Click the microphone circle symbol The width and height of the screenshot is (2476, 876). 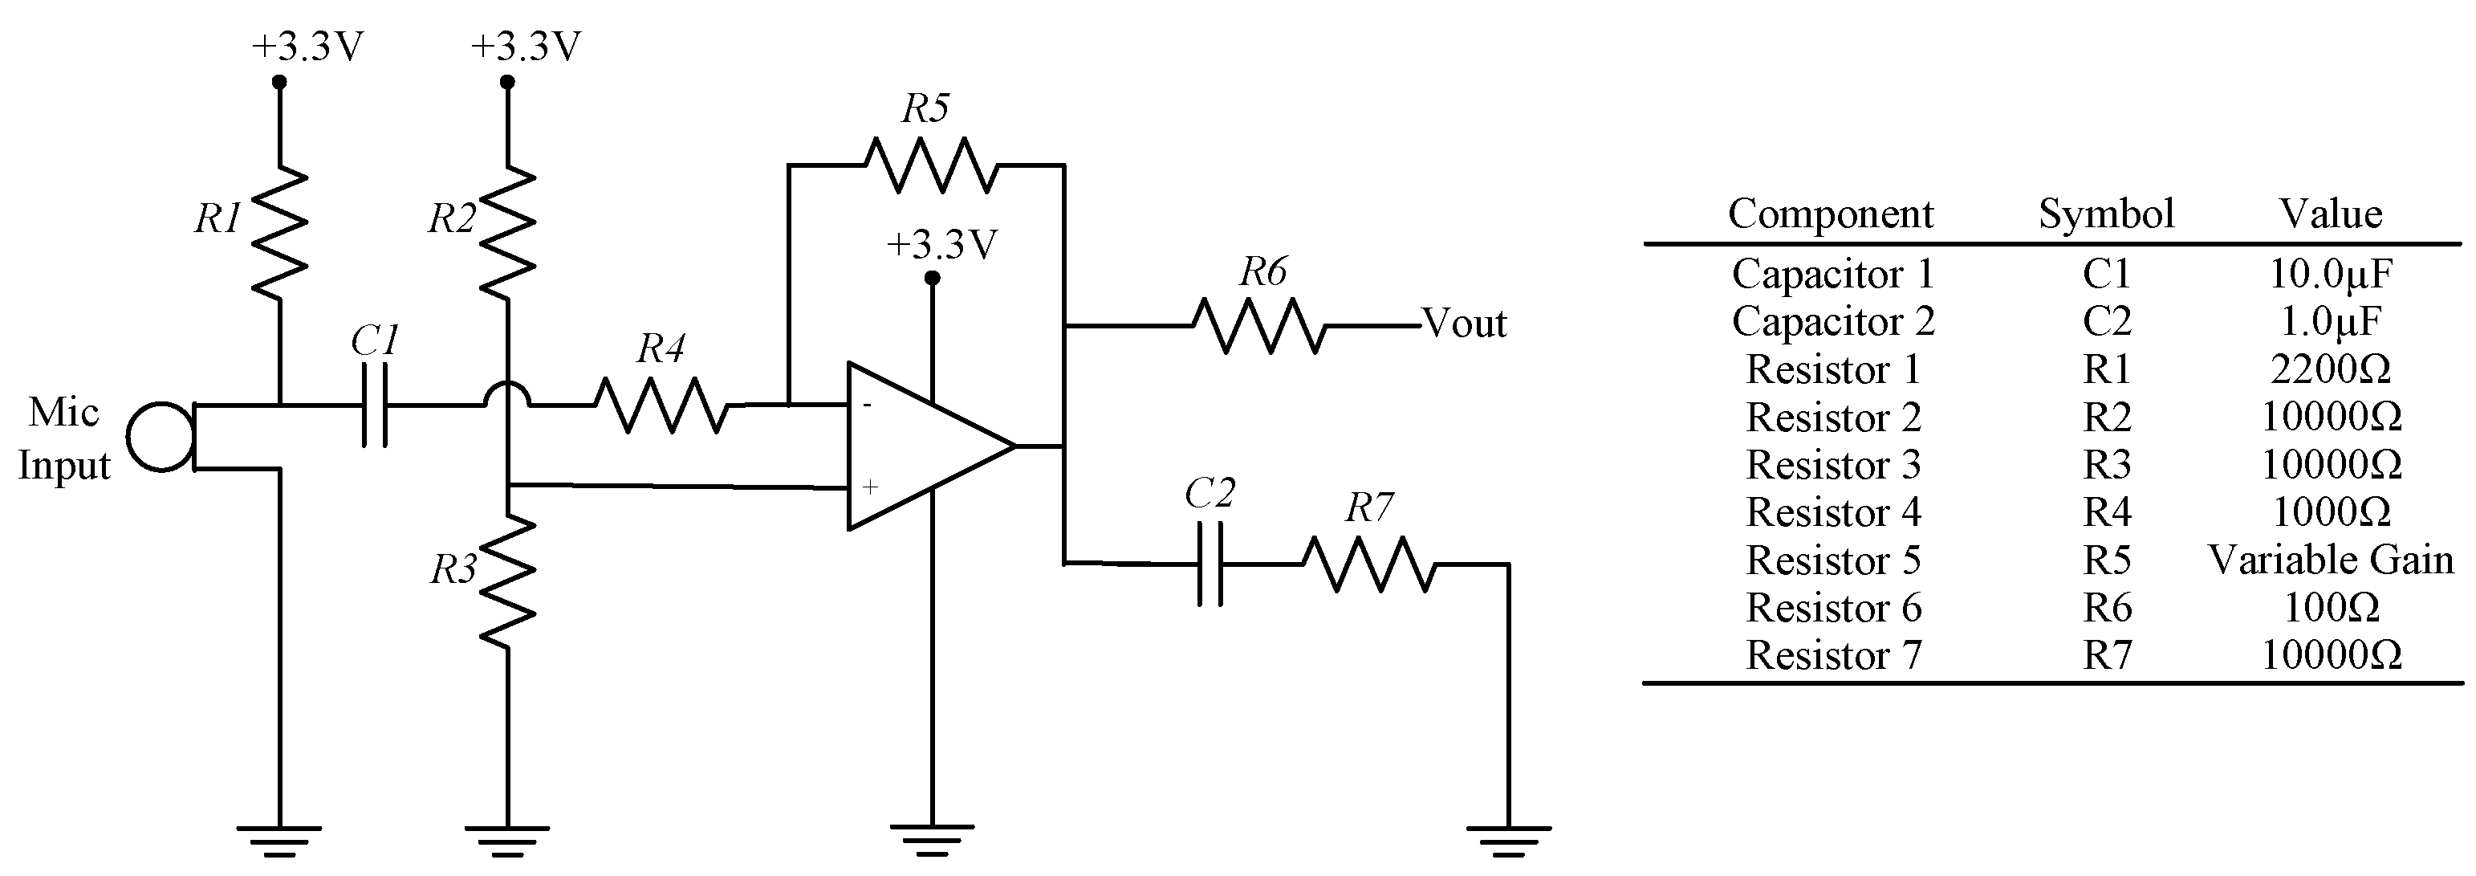(x=161, y=438)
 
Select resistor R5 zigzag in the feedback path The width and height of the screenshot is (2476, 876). (x=930, y=165)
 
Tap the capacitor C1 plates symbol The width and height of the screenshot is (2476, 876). (x=375, y=405)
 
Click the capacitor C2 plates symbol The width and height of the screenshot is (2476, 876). (x=1210, y=564)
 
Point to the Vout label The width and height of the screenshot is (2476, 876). (x=1464, y=324)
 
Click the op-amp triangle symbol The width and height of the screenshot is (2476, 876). (x=923, y=446)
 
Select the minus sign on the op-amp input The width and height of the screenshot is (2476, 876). (x=867, y=405)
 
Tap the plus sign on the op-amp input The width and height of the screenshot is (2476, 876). (x=870, y=487)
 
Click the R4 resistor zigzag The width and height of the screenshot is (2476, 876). (x=661, y=405)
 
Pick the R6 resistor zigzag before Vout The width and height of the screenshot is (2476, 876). (x=1259, y=326)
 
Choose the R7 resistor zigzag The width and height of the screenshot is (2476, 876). (x=1368, y=564)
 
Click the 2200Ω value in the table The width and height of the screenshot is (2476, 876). (x=2330, y=369)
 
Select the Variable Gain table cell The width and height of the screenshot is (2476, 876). (x=2330, y=560)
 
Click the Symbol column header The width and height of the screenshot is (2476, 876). (x=2106, y=214)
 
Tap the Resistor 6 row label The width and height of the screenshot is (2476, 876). (x=1833, y=608)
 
